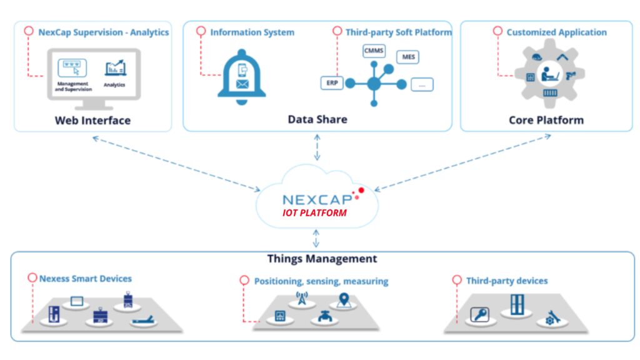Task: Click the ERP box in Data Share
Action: coord(331,82)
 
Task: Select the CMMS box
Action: coord(374,51)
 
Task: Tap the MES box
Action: coord(408,57)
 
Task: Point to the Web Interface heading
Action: coord(92,120)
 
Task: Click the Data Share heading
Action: coord(317,119)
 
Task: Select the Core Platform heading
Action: coord(546,120)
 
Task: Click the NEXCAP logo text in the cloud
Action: coord(317,199)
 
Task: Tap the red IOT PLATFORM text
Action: coord(314,213)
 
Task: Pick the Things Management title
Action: coord(322,258)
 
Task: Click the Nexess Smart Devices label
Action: coord(86,279)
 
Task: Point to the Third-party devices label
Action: coord(506,281)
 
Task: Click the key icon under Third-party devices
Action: coord(480,314)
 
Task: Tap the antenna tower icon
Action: coord(302,299)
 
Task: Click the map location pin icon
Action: coord(342,299)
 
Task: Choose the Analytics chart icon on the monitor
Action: coord(115,69)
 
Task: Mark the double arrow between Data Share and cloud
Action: coord(317,147)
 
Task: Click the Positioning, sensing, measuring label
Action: coord(321,281)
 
